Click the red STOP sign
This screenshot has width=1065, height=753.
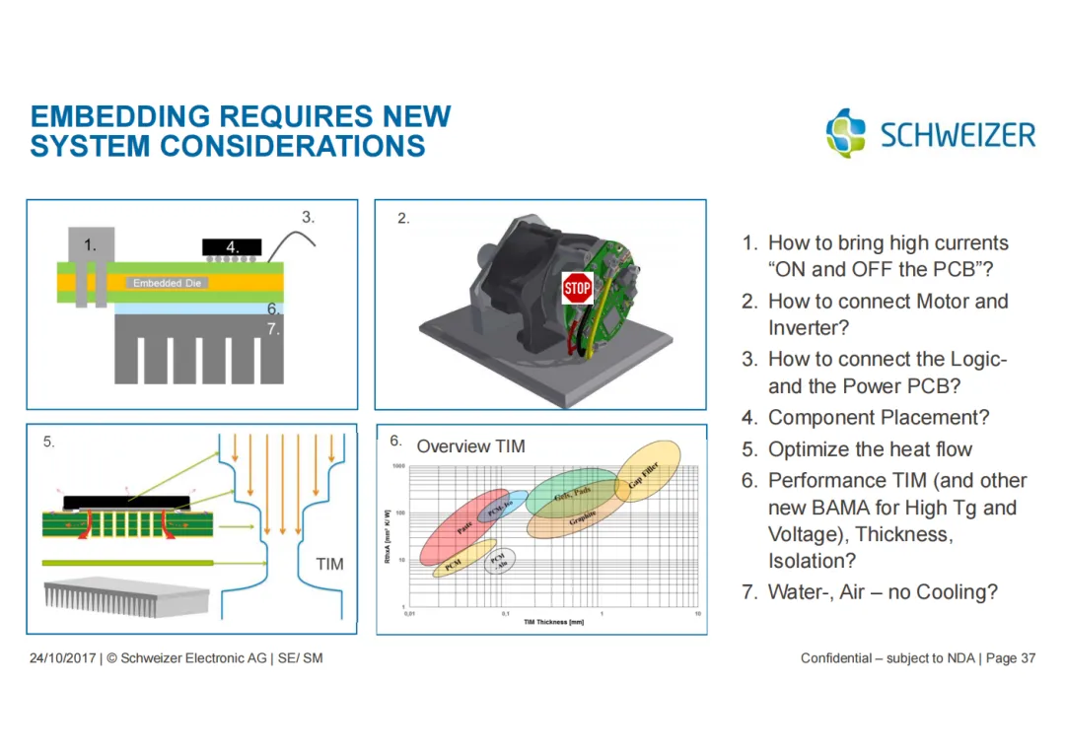click(x=577, y=289)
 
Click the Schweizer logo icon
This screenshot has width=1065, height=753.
click(x=846, y=132)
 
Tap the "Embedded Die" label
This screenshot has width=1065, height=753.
click(x=167, y=283)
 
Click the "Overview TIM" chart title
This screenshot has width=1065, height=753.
click(x=470, y=446)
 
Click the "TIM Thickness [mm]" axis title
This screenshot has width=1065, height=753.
click(x=553, y=622)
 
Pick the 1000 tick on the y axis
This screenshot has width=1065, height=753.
click(x=399, y=465)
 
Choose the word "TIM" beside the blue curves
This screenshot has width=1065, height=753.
click(x=329, y=564)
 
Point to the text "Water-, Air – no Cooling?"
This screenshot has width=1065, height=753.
click(x=883, y=592)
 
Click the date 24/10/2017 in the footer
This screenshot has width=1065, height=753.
click(x=62, y=657)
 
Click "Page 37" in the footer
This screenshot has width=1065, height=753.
click(x=1011, y=657)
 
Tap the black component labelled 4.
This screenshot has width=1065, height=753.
click(x=232, y=246)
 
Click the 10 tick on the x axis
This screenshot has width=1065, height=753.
click(x=697, y=613)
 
